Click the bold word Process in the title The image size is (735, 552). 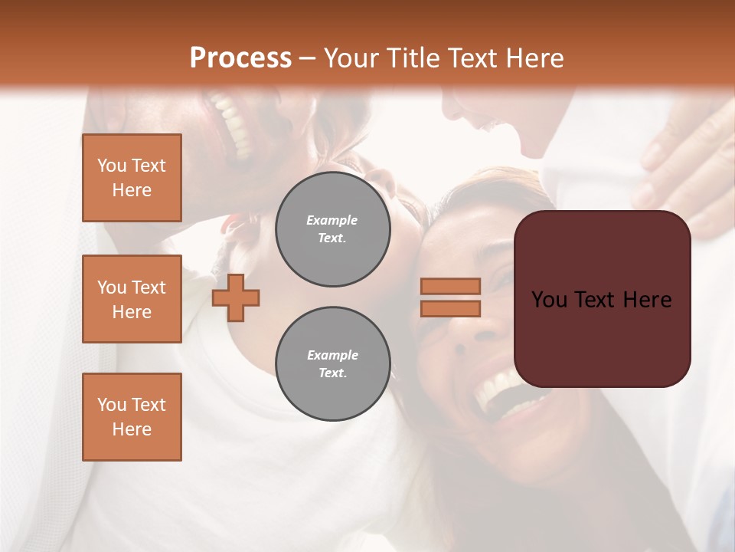point(240,58)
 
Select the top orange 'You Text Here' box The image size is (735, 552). point(132,178)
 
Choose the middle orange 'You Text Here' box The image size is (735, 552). point(132,299)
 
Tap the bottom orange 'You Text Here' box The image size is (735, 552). point(132,417)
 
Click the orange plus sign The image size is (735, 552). point(236,297)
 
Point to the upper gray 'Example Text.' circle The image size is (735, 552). point(332,229)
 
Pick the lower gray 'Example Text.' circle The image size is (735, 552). point(332,363)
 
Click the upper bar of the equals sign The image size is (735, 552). point(450,286)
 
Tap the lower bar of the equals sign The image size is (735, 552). point(450,308)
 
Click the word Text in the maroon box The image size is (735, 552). point(600,300)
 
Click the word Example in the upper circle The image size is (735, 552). point(332,220)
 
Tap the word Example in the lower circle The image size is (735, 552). point(332,355)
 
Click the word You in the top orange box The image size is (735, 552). point(111,166)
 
